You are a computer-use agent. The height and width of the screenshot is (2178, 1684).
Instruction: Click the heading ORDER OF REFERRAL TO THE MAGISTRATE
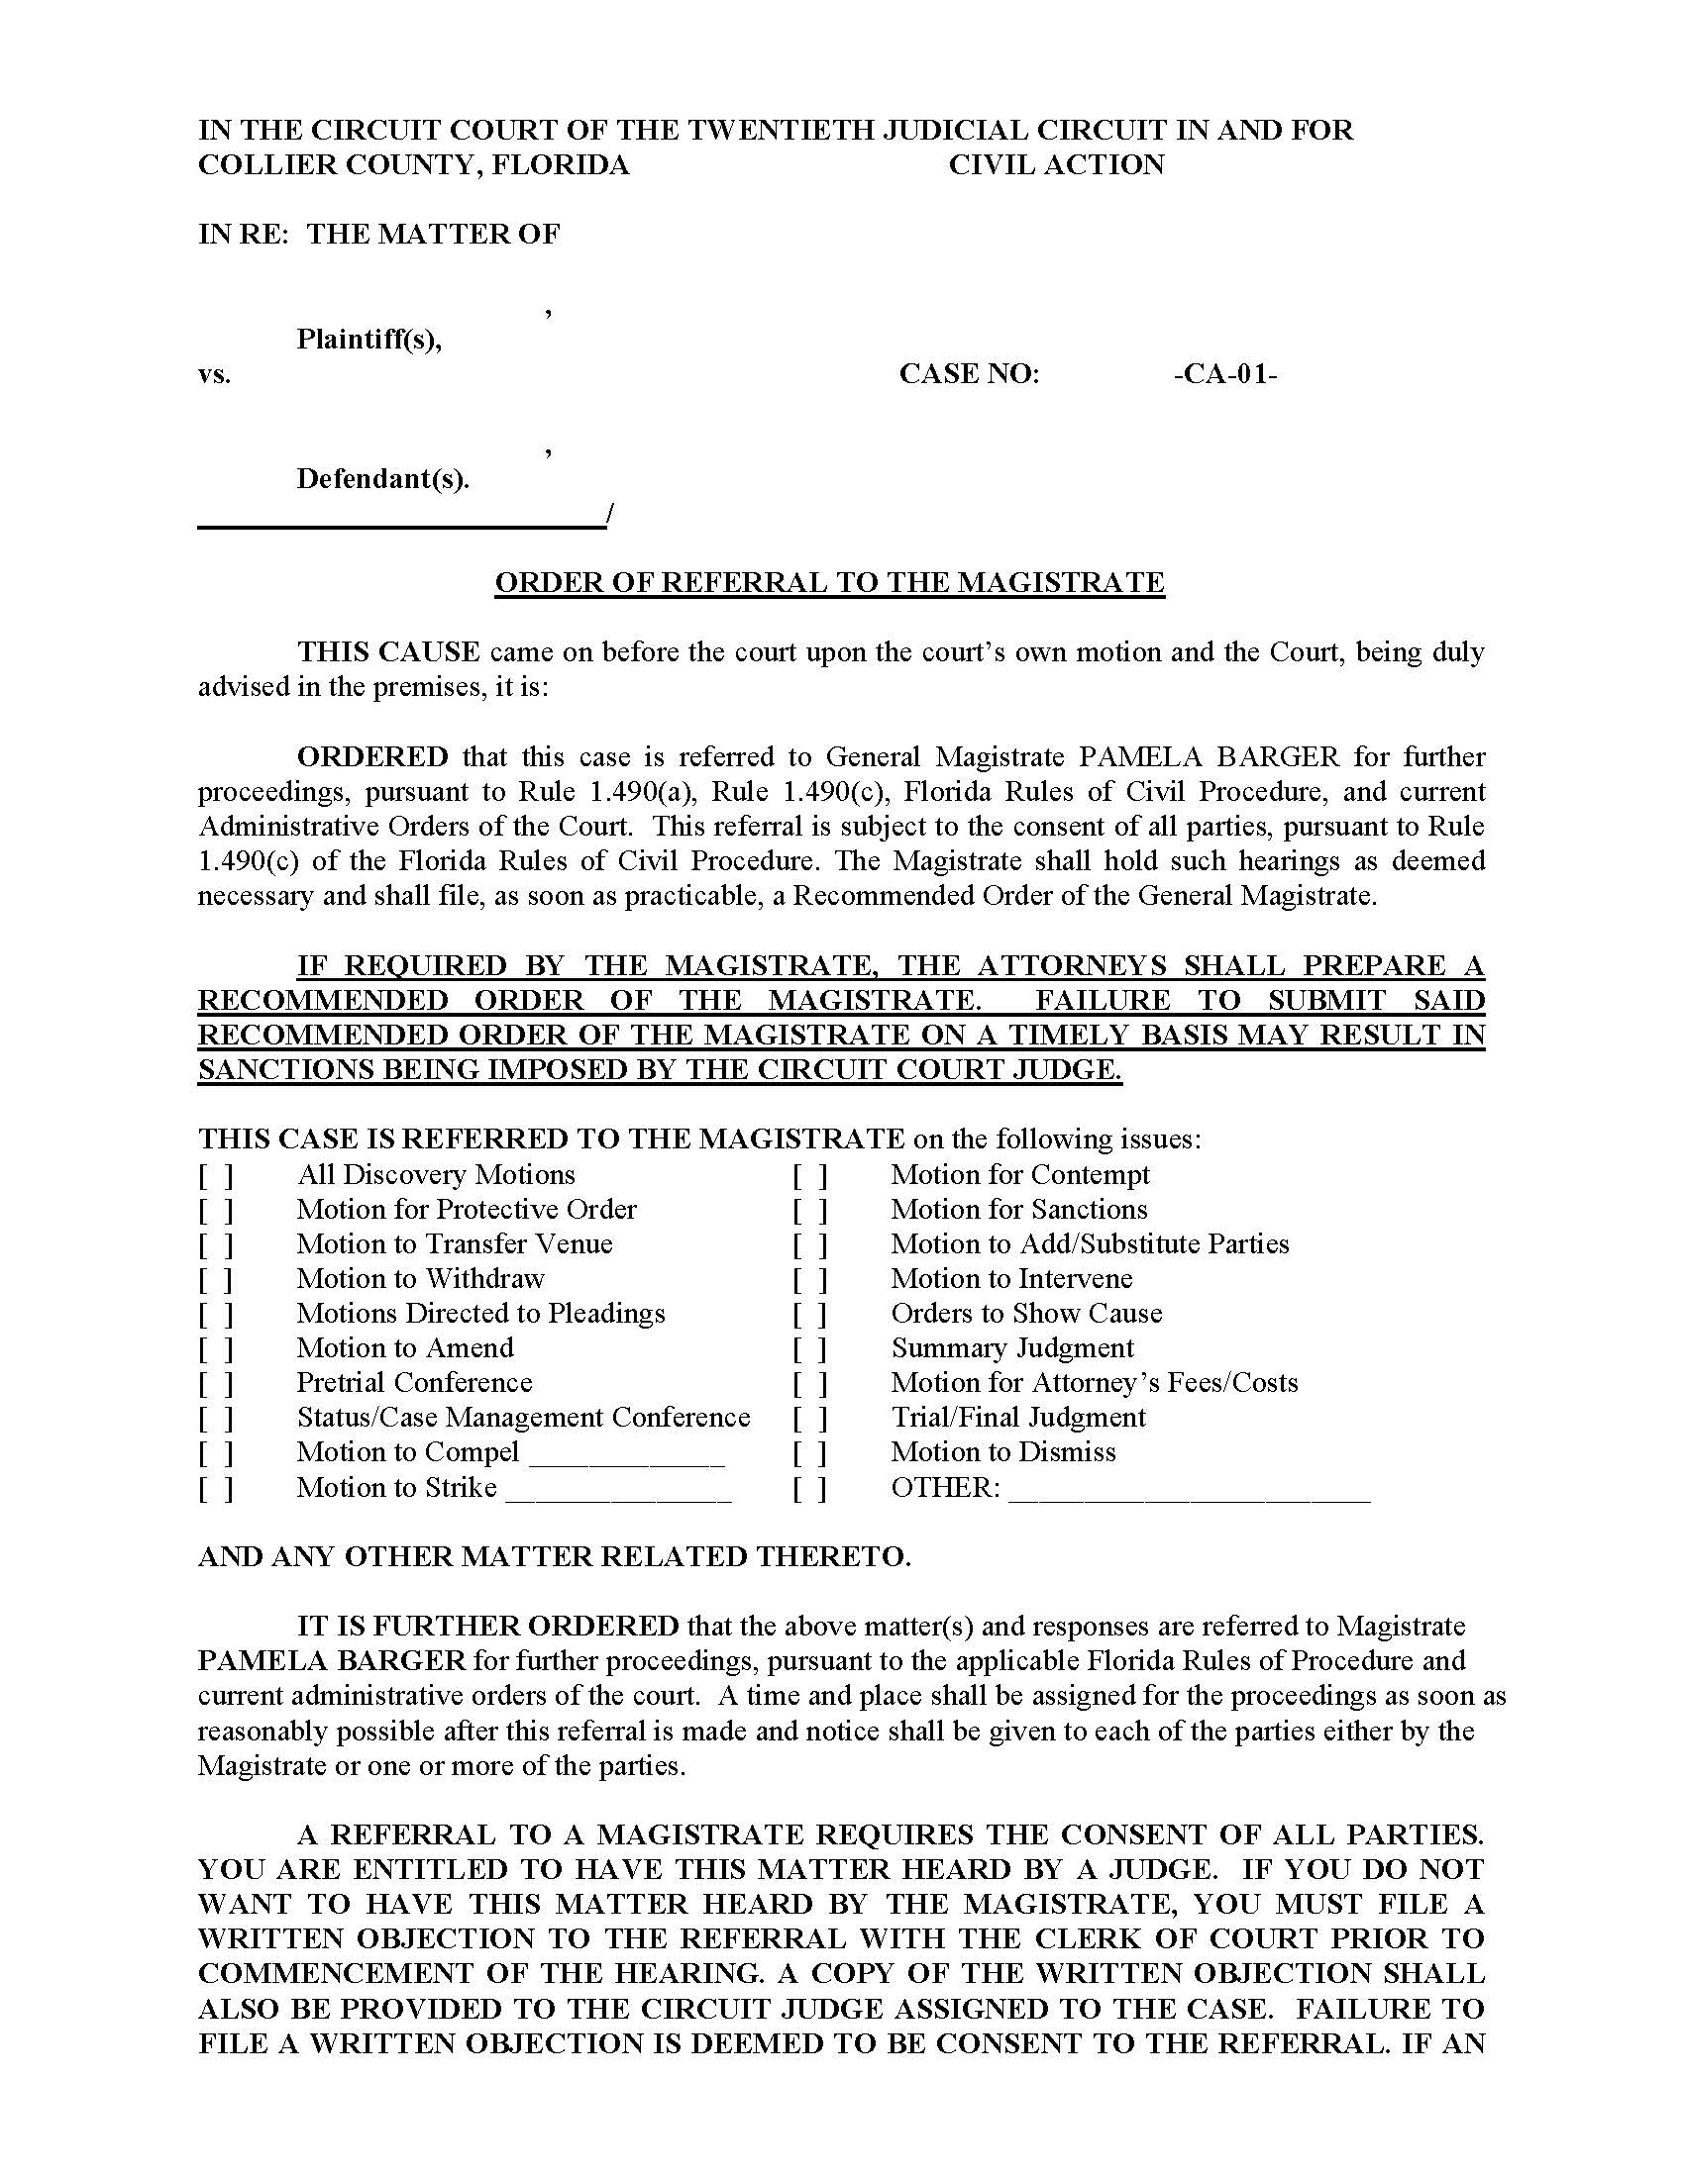pos(829,582)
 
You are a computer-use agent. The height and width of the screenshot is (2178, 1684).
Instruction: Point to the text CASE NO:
pos(969,374)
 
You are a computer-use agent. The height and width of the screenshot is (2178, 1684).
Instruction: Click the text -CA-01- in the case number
pos(1226,374)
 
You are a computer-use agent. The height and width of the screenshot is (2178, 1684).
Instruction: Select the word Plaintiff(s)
pos(369,340)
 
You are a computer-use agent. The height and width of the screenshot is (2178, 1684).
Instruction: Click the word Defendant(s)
pos(383,480)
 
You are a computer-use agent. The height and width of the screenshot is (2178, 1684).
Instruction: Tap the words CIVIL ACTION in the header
pos(1056,164)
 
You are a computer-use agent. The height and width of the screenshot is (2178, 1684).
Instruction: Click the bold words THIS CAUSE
pos(388,652)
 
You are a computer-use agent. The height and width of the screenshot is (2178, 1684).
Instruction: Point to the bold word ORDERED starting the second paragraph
pos(373,757)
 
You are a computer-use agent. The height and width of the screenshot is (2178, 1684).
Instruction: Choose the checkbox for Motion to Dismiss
pos(810,1454)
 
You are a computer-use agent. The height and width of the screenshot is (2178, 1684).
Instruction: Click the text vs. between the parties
pos(215,375)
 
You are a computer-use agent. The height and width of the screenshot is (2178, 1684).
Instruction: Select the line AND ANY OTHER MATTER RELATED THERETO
pos(554,1557)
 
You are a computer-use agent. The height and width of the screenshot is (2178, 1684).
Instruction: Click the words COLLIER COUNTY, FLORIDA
pos(414,164)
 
